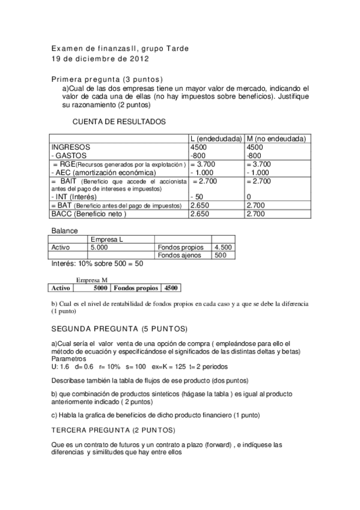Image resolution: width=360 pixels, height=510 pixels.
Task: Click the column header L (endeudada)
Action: [x=216, y=138]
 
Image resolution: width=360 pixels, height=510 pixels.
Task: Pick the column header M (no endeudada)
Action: [x=276, y=138]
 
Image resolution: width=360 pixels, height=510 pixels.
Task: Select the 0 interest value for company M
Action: [x=249, y=197]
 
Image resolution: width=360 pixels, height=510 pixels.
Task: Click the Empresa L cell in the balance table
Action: [x=107, y=239]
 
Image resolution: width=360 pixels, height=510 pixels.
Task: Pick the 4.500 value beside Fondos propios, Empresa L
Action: [x=223, y=247]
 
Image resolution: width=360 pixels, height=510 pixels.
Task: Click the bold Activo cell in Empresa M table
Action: [x=61, y=287]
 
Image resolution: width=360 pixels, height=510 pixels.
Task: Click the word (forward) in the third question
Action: [x=224, y=445]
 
